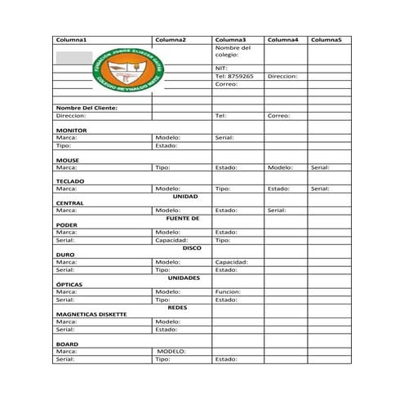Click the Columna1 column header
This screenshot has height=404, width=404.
pos(71,40)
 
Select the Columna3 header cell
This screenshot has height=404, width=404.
pos(229,40)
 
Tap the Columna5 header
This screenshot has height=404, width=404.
pos(326,40)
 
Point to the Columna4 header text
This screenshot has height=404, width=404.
pos(282,40)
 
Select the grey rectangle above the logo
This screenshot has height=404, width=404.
pos(73,57)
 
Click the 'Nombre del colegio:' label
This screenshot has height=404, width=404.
pos(233,51)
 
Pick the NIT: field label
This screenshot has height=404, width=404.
pos(220,68)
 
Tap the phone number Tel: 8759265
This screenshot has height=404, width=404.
pos(234,76)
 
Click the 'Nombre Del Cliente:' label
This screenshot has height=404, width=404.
pos(87,108)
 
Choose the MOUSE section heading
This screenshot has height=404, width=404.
pos(68,160)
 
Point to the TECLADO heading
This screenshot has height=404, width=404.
pos(71,180)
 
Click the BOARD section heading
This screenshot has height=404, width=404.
pos(67,344)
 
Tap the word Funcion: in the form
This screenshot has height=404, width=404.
pos(228,291)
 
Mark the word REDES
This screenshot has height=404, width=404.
pos(178,307)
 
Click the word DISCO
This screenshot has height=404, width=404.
pos(192,247)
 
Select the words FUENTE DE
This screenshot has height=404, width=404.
pos(183,218)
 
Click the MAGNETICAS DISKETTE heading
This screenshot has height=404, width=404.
pos(91,314)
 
